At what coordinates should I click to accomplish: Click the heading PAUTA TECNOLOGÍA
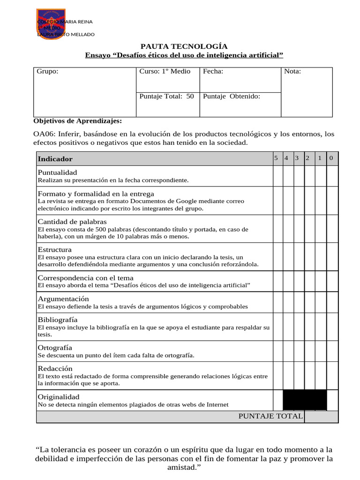184,46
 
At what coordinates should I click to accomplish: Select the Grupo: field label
47,71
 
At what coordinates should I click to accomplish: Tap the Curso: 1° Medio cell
165,71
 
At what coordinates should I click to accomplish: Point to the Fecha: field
213,71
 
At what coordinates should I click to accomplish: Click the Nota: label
292,71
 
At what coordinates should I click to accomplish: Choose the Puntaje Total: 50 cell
166,96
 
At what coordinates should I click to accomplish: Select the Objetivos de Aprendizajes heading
77,121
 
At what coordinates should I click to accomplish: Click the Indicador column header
55,159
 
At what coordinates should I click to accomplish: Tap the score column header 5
276,158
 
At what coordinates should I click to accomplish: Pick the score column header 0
331,158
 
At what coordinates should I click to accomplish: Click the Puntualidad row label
57,172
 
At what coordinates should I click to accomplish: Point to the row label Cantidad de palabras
72,221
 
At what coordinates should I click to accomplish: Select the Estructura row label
55,249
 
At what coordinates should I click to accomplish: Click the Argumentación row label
63,299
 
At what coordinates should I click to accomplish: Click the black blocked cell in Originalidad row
305,400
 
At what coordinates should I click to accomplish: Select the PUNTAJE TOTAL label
270,416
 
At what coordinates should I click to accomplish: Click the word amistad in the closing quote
183,467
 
